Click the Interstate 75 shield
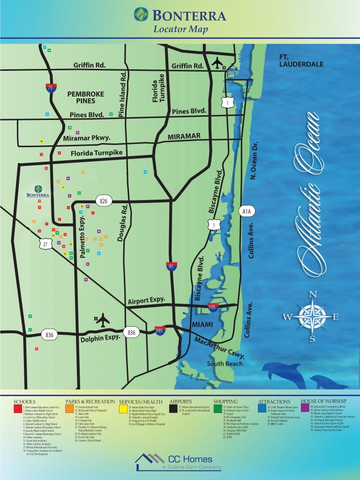click(x=50, y=87)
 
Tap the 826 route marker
click(x=104, y=201)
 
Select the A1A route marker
click(x=247, y=212)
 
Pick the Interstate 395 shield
click(x=161, y=331)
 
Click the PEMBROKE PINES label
click(x=82, y=97)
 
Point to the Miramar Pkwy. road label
click(x=87, y=138)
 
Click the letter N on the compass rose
click(x=312, y=294)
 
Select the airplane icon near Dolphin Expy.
click(x=102, y=320)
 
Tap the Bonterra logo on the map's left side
click(x=38, y=191)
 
